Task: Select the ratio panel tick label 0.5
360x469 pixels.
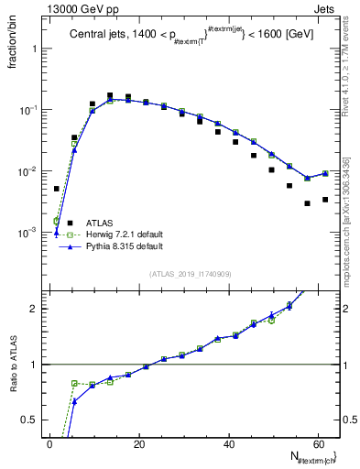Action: pos(31,420)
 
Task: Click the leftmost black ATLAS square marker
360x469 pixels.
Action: pos(56,189)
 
